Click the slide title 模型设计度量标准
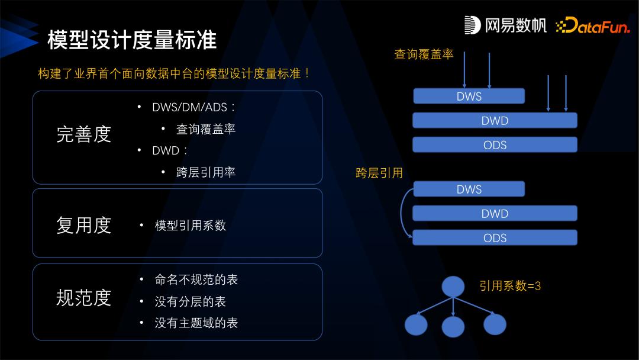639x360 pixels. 131,40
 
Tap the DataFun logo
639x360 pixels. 593,25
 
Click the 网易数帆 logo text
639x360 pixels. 506,25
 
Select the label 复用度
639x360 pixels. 83,225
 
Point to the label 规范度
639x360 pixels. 83,297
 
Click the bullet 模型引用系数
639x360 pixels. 190,226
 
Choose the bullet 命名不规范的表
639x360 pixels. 196,279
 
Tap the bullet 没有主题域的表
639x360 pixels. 196,323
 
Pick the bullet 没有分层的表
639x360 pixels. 190,301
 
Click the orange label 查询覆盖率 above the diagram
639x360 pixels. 424,54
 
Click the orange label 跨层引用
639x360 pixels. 379,173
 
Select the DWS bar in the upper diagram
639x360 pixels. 469,96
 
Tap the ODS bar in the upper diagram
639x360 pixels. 495,144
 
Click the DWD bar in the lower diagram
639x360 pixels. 495,213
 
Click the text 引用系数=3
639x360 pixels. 510,286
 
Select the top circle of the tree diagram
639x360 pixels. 453,287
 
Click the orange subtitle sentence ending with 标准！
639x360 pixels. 175,74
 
